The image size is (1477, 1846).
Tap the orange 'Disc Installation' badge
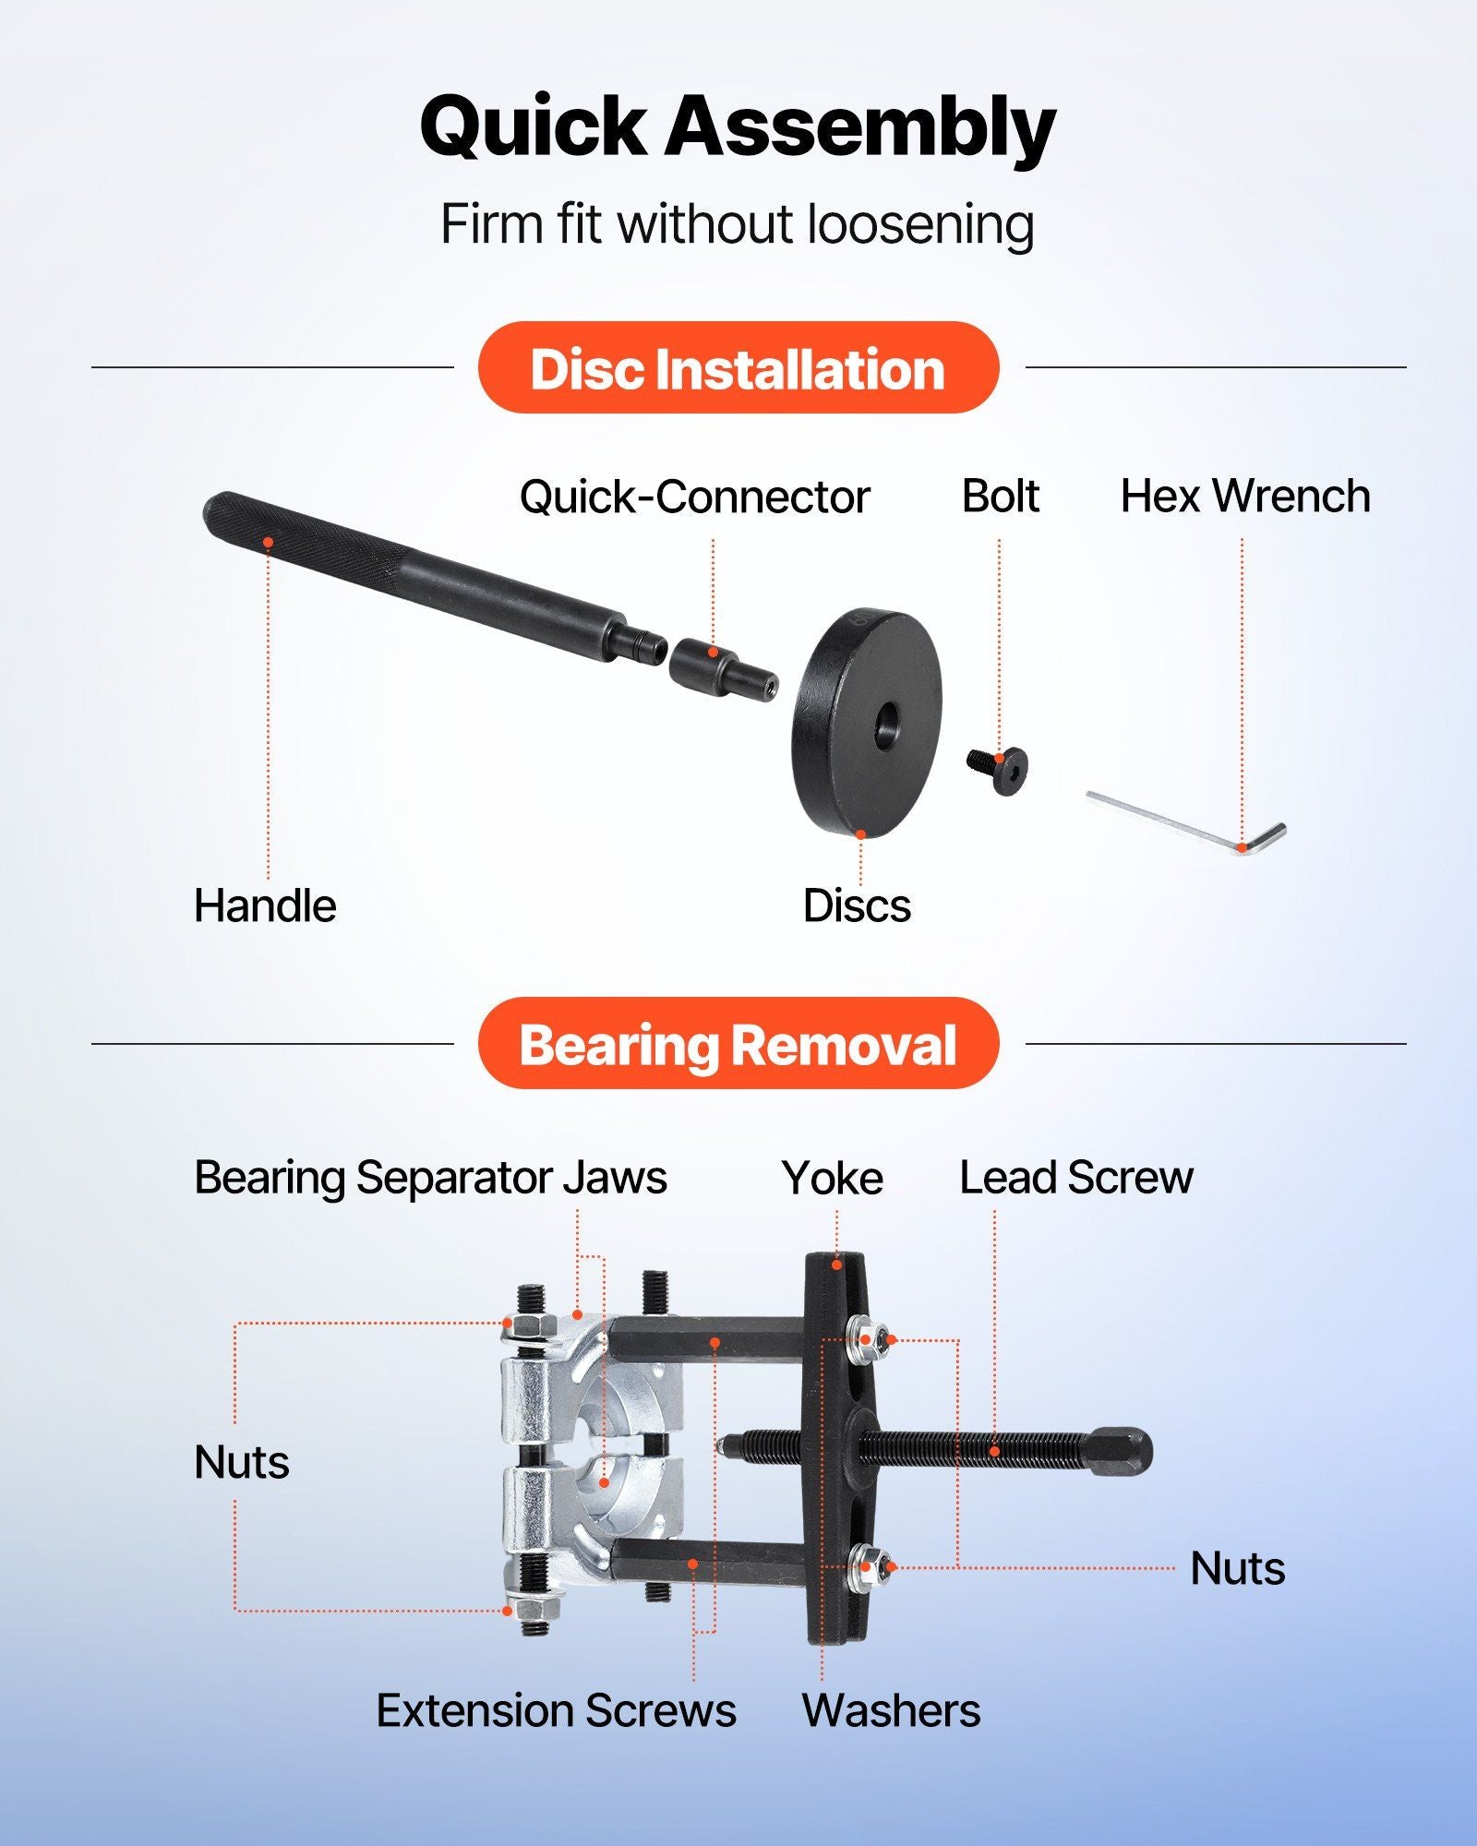(738, 367)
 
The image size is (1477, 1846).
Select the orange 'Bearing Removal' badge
(738, 1043)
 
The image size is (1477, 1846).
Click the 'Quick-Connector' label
(694, 497)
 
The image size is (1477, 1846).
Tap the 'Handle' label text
(265, 905)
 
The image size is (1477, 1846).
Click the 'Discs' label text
(857, 905)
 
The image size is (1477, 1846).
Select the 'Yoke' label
(833, 1178)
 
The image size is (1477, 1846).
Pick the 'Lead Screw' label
(1076, 1178)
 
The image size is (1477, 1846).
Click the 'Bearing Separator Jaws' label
(430, 1178)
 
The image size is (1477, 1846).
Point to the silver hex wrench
(1186, 823)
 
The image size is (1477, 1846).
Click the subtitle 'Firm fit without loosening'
(738, 224)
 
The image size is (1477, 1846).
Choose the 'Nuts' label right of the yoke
(1237, 1568)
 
